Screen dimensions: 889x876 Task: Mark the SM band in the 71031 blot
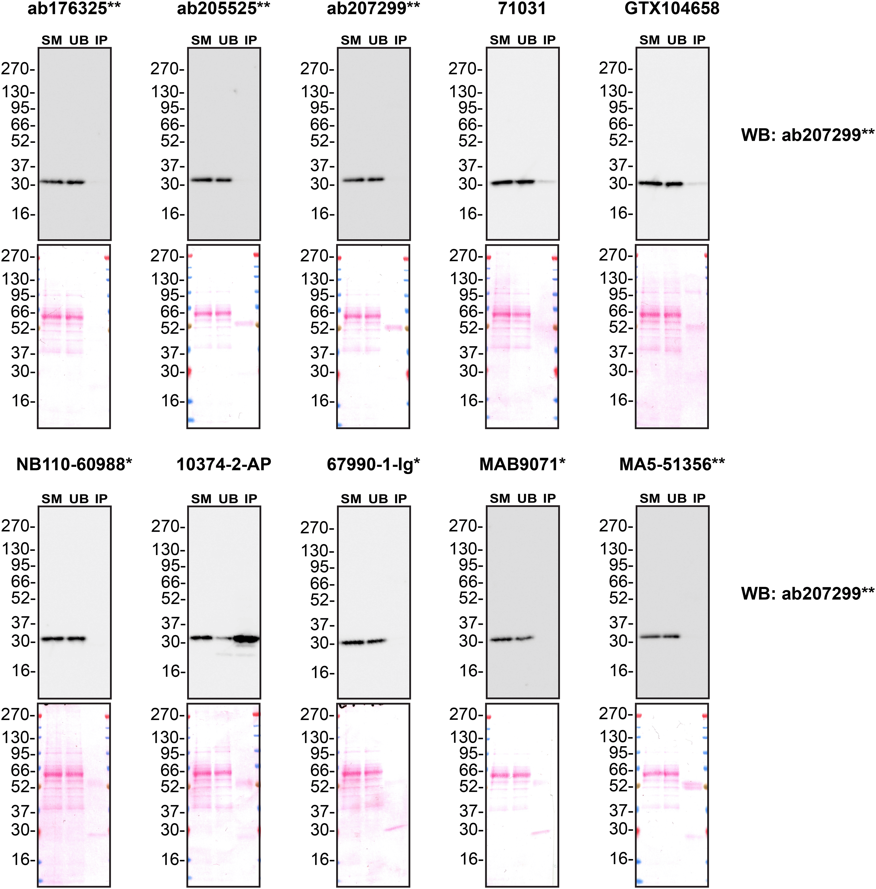tap(501, 183)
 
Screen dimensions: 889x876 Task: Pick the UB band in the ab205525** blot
tap(224, 180)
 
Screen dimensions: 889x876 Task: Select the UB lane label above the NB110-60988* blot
tap(79, 499)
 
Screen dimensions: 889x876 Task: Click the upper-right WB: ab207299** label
tap(807, 135)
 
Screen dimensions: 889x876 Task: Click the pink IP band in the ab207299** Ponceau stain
tap(394, 328)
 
